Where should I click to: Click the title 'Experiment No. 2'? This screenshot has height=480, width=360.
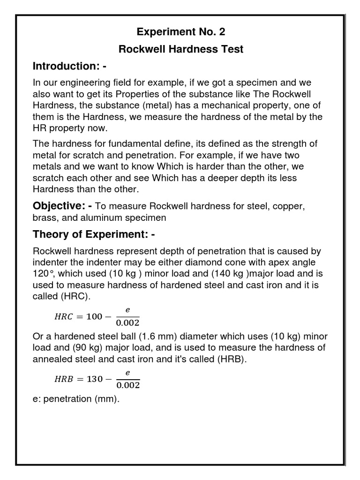180,32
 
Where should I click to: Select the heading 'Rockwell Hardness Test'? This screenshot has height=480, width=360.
180,49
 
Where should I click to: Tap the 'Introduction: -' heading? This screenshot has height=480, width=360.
69,66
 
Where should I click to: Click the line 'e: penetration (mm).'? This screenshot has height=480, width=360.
75,401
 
